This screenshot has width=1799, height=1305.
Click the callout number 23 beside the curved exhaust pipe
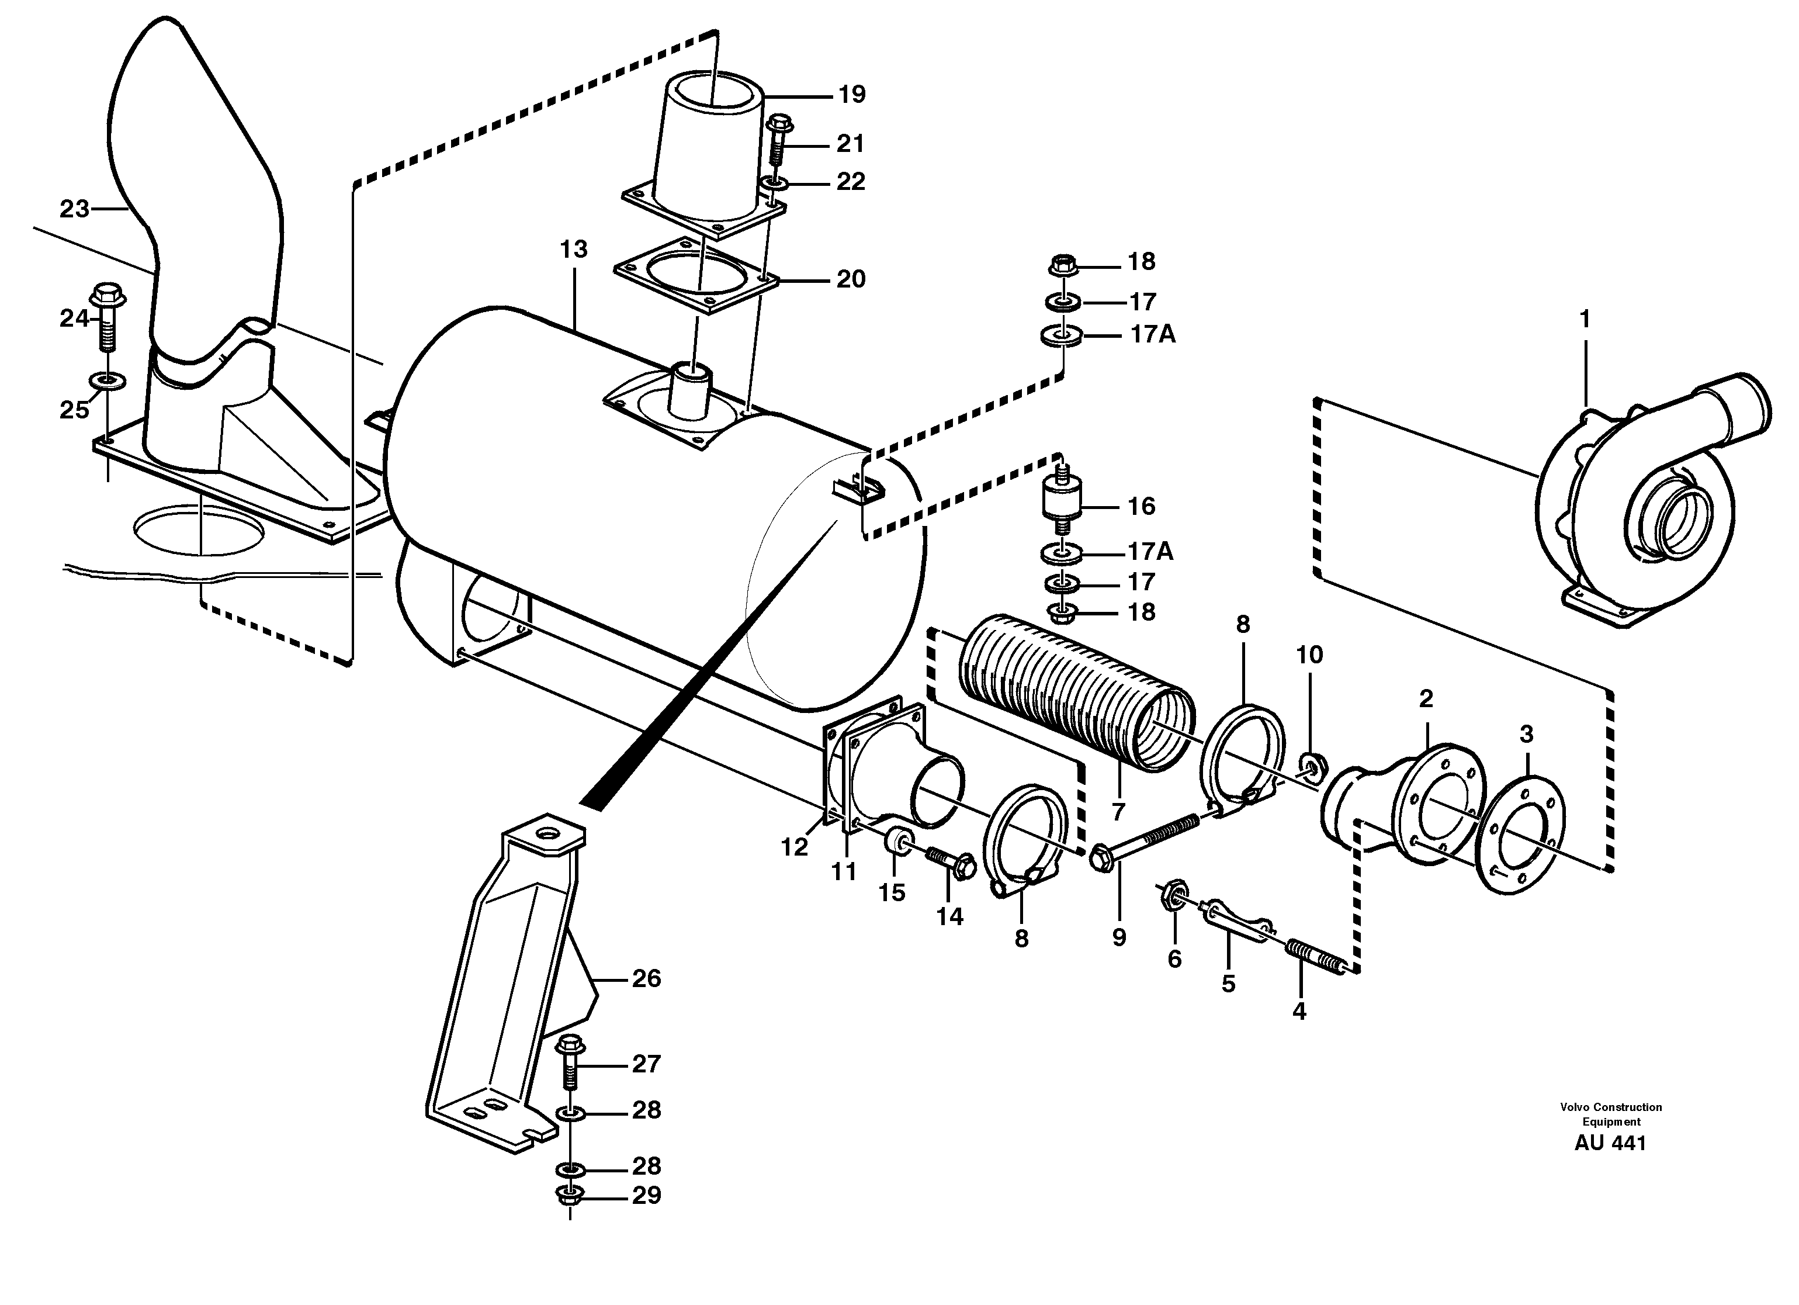pos(75,209)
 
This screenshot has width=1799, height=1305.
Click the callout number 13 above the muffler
pos(574,249)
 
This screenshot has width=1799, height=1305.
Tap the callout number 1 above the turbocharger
pos(1584,319)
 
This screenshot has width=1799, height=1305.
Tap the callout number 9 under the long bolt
pos(1118,938)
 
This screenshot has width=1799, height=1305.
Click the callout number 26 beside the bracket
pos(646,979)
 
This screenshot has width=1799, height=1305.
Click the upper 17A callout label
pos(1153,335)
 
